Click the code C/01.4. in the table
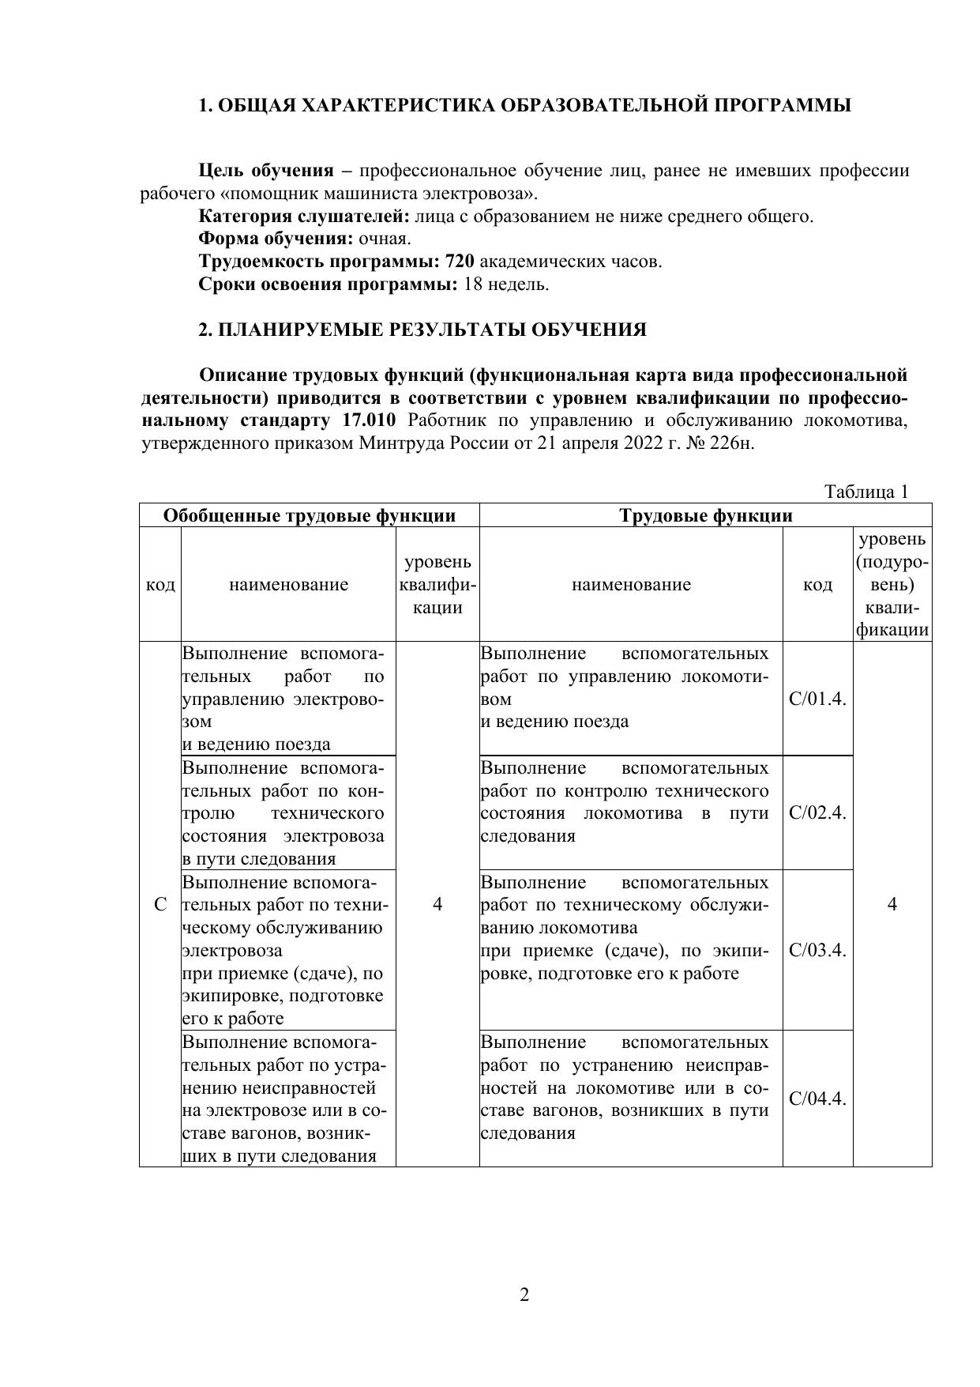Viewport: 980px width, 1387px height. [x=817, y=699]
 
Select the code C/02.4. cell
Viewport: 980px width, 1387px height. [x=817, y=813]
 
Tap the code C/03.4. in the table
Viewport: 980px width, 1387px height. [x=817, y=950]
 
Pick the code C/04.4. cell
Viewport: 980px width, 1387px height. [x=817, y=1099]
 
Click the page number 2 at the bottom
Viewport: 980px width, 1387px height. [x=524, y=1295]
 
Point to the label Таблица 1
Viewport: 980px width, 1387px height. [x=866, y=492]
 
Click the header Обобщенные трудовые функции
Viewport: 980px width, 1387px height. [x=310, y=516]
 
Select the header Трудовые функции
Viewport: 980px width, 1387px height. [x=705, y=516]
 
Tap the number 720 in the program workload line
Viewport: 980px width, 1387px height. [x=460, y=262]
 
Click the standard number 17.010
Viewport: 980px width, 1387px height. [x=369, y=420]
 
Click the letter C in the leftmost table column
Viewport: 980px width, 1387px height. [x=160, y=904]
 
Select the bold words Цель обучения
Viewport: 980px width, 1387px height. [x=266, y=171]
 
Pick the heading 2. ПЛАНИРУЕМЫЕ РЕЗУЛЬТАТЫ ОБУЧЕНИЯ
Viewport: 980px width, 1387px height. [x=422, y=330]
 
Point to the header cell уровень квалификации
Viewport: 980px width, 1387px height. [x=437, y=585]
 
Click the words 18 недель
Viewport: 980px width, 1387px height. [x=506, y=285]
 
